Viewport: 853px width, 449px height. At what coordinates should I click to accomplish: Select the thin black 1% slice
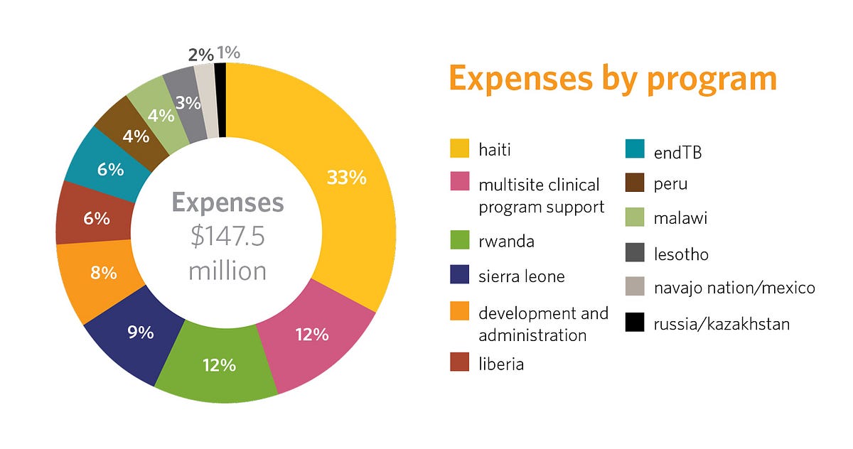(220, 99)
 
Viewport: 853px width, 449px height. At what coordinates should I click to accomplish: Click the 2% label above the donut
(200, 54)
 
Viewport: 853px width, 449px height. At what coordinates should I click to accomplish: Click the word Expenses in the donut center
(227, 203)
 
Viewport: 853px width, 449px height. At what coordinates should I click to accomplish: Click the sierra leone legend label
(521, 276)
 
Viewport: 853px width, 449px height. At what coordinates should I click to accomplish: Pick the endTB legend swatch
(635, 150)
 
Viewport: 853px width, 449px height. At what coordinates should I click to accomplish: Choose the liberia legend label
(500, 364)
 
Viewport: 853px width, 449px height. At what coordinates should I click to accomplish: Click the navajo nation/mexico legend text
(734, 288)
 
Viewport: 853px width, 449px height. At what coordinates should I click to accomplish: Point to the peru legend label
(670, 185)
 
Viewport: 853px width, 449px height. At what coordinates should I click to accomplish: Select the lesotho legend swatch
(635, 254)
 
